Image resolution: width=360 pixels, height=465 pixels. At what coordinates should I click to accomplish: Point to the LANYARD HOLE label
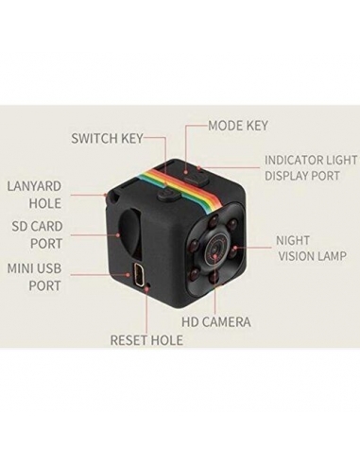point(34,194)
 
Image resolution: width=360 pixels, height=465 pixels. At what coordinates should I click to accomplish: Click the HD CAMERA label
point(216,322)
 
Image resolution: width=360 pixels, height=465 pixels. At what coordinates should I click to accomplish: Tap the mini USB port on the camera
point(141,278)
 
